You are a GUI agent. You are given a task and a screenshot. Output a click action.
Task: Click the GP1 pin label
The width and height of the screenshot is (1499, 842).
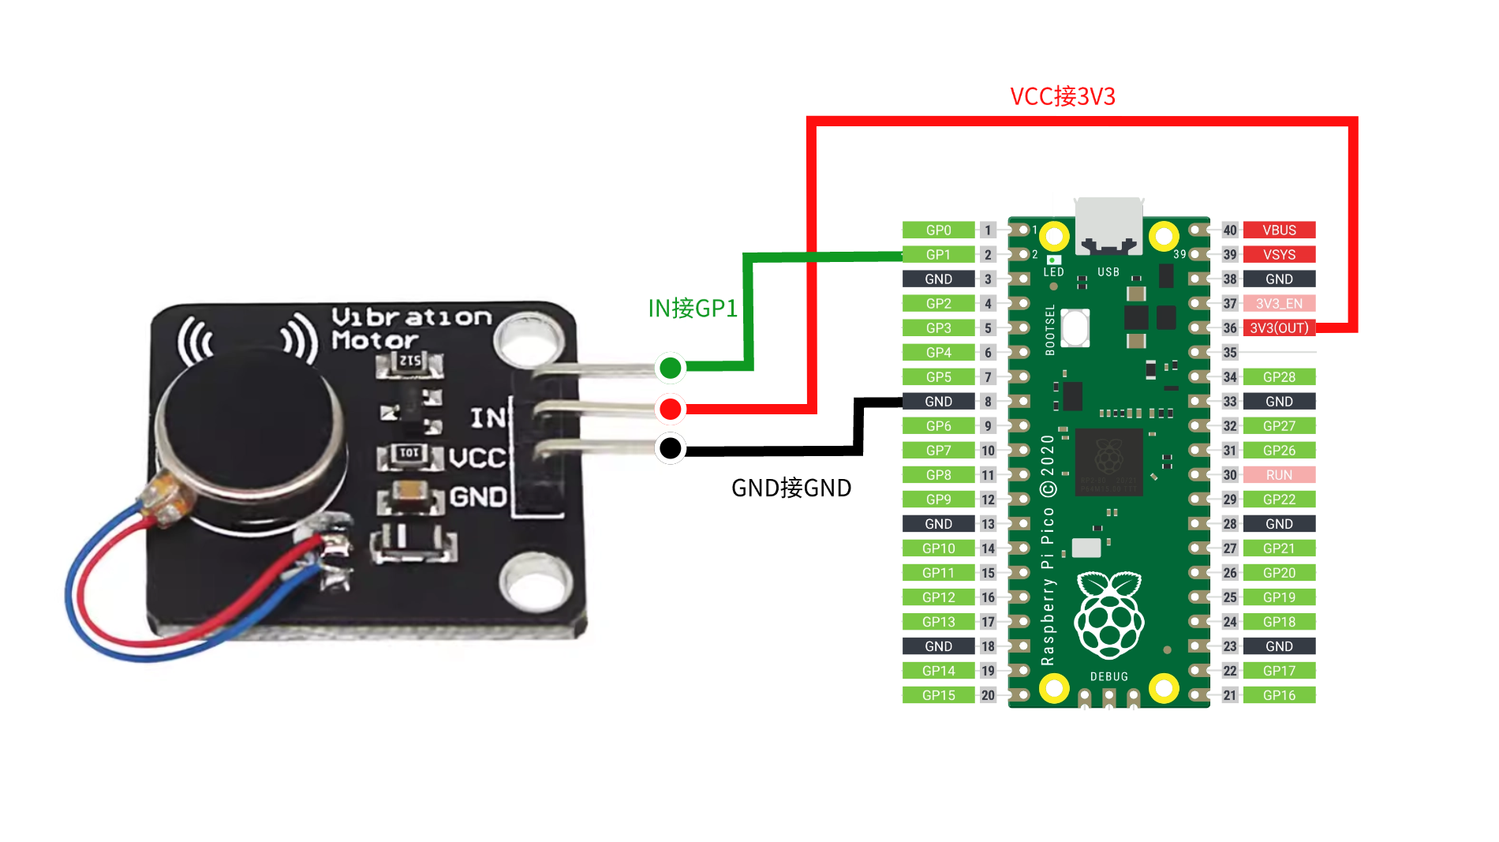pyautogui.click(x=938, y=254)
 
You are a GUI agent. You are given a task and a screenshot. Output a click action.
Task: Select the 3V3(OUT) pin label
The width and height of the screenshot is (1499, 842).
pyautogui.click(x=1279, y=327)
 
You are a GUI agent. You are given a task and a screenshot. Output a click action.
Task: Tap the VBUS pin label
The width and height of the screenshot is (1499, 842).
pyautogui.click(x=1279, y=230)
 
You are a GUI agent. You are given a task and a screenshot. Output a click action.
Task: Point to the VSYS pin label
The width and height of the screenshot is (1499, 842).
pyautogui.click(x=1279, y=254)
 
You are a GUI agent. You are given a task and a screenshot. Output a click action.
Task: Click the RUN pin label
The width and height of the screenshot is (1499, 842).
pyautogui.click(x=1279, y=474)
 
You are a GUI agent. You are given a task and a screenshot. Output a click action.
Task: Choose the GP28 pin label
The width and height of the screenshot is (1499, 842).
pyautogui.click(x=1279, y=376)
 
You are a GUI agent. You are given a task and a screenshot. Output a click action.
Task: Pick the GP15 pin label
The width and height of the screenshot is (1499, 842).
pyautogui.click(x=938, y=694)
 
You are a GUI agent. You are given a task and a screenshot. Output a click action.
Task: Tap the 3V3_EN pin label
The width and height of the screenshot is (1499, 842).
pyautogui.click(x=1279, y=303)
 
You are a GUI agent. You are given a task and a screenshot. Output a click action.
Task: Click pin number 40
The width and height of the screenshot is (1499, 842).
pyautogui.click(x=1229, y=230)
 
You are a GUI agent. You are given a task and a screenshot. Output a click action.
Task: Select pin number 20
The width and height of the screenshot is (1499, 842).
pyautogui.click(x=988, y=694)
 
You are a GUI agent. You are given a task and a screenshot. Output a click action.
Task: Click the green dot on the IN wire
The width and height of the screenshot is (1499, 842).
pyautogui.click(x=670, y=367)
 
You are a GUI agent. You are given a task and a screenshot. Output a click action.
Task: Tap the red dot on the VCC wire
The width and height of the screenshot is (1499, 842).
pyautogui.click(x=670, y=409)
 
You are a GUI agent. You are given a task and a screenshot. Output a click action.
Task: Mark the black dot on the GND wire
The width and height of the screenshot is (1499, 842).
pyautogui.click(x=670, y=448)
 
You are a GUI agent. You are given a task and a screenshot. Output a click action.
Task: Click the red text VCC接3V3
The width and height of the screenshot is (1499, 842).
pyautogui.click(x=1062, y=96)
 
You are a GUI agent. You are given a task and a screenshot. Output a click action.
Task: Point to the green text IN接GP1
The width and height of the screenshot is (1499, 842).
pyautogui.click(x=692, y=308)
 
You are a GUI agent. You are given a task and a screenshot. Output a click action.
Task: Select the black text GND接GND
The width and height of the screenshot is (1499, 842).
pyautogui.click(x=791, y=488)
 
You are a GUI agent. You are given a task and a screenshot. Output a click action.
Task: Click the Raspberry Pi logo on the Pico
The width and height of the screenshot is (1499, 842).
pyautogui.click(x=1108, y=616)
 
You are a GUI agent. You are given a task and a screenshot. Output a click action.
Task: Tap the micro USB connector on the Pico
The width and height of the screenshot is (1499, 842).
pyautogui.click(x=1108, y=225)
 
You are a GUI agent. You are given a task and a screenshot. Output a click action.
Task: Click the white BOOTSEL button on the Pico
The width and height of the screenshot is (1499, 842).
pyautogui.click(x=1075, y=327)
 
